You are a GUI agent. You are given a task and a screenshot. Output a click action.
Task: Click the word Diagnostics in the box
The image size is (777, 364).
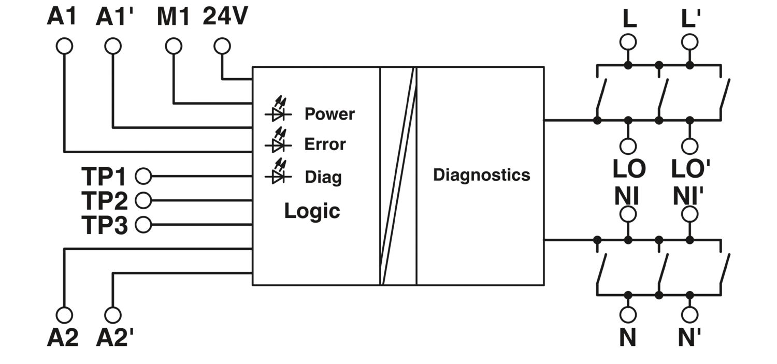click(x=481, y=175)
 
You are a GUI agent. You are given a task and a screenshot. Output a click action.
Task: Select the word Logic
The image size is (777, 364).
click(x=312, y=211)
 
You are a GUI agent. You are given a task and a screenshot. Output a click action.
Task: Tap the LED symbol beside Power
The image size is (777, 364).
click(x=278, y=109)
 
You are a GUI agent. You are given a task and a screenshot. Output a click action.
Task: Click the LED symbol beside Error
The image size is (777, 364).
click(x=278, y=140)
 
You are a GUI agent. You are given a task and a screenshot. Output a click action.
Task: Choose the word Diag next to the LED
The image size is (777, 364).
click(x=323, y=177)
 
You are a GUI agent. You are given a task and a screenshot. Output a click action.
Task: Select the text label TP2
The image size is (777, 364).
click(x=105, y=201)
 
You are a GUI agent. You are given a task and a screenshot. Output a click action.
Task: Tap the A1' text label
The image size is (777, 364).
click(x=114, y=16)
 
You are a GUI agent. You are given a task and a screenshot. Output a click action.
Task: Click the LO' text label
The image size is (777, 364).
click(x=690, y=169)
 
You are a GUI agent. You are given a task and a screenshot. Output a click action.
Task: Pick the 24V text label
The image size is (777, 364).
click(x=225, y=16)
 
